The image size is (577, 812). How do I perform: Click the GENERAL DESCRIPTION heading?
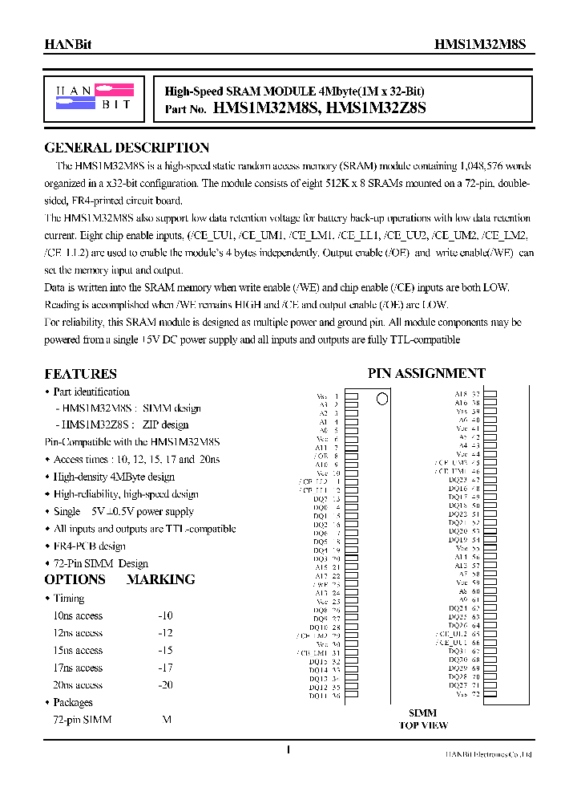(x=127, y=148)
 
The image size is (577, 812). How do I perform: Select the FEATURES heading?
(x=80, y=374)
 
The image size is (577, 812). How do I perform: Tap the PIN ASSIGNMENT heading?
(x=426, y=373)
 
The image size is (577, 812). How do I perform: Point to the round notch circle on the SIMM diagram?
(x=382, y=398)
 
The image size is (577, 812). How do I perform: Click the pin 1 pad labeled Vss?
(x=350, y=396)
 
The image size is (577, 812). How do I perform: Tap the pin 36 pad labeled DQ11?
(x=350, y=696)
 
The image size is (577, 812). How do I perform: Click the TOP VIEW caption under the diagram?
(x=423, y=725)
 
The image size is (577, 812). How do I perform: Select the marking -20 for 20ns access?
(x=165, y=685)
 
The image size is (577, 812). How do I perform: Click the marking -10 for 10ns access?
(x=165, y=615)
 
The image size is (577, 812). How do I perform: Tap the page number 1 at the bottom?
(x=288, y=749)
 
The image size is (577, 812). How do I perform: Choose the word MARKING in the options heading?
(x=160, y=579)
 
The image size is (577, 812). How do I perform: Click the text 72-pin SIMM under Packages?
(x=83, y=720)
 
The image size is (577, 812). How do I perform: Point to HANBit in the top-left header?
(x=67, y=46)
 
